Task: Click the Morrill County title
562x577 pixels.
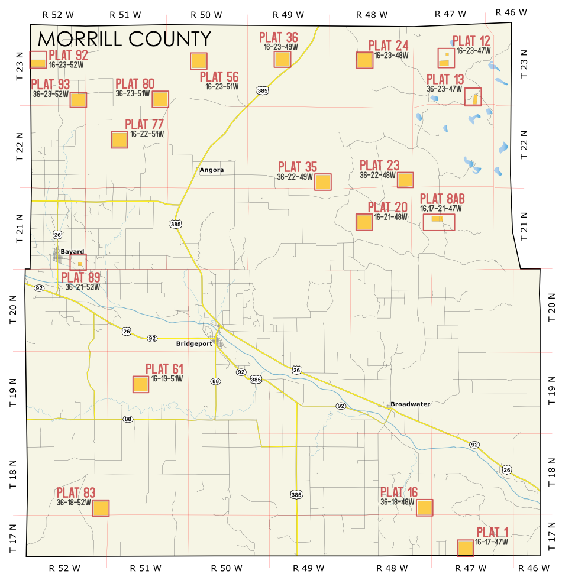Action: [124, 39]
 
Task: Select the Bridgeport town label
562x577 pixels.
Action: [193, 343]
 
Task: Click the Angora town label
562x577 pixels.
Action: [211, 170]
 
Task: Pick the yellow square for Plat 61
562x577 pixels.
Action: [141, 385]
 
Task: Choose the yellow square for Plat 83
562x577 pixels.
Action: [101, 508]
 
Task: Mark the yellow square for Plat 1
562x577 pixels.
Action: [466, 548]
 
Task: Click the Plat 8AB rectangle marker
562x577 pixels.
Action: [439, 222]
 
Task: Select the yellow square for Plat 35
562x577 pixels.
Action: [322, 181]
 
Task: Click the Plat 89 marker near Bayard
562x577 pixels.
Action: [78, 262]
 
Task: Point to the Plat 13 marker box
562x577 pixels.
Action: [473, 97]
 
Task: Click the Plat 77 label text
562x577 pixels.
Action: [144, 125]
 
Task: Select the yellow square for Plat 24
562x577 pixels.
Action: [364, 60]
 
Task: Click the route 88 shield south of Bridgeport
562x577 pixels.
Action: [215, 381]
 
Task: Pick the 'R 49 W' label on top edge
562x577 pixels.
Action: [288, 14]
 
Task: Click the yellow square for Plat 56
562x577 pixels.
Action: [199, 61]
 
